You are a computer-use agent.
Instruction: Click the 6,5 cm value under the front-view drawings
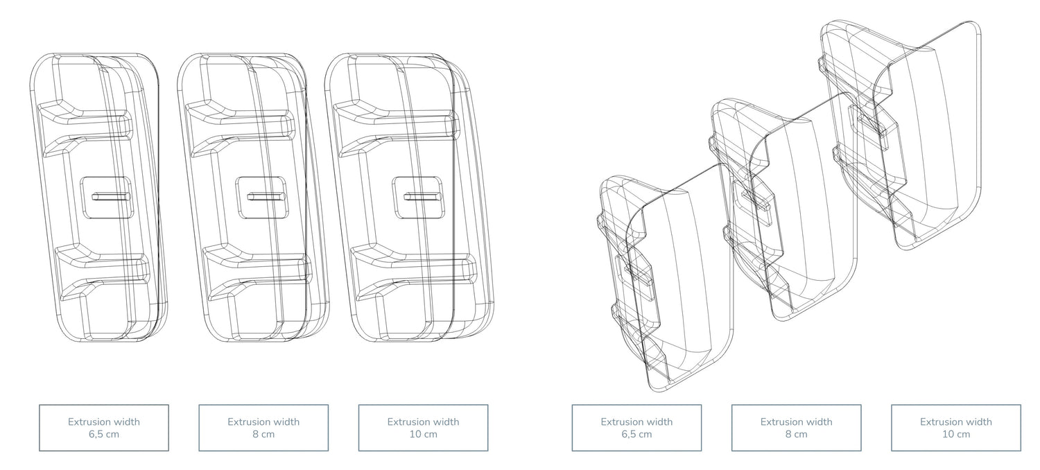[104, 435]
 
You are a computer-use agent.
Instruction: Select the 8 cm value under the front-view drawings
[263, 435]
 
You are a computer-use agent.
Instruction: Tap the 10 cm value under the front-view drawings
[423, 435]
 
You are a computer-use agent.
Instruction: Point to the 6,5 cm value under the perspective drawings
[636, 435]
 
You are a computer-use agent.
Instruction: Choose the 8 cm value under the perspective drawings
[796, 435]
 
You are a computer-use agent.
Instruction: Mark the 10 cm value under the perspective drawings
[956, 435]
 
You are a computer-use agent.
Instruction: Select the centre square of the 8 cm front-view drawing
[261, 196]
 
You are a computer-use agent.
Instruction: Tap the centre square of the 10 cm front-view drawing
[417, 196]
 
